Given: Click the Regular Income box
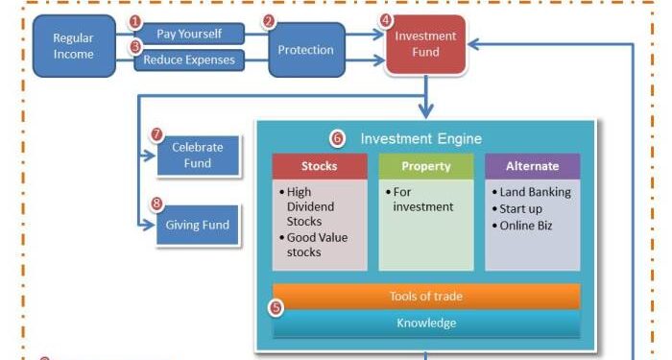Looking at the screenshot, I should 73,46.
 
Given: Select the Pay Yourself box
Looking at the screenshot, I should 188,35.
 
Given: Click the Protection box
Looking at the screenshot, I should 305,50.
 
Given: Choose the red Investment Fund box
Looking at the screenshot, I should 425,45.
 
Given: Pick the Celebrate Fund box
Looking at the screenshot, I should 197,156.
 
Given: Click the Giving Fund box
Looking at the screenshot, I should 197,225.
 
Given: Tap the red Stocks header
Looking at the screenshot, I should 319,166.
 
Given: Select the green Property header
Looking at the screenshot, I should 425,166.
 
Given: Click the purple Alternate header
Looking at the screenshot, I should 532,166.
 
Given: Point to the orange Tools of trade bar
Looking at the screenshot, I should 425,296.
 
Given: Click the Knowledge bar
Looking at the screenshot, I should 425,324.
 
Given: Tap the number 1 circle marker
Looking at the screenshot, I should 135,21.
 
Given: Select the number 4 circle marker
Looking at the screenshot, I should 386,19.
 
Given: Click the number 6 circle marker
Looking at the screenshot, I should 337,138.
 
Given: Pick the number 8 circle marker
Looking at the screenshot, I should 156,204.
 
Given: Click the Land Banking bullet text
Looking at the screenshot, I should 535,192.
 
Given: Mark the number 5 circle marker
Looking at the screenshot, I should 276,308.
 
